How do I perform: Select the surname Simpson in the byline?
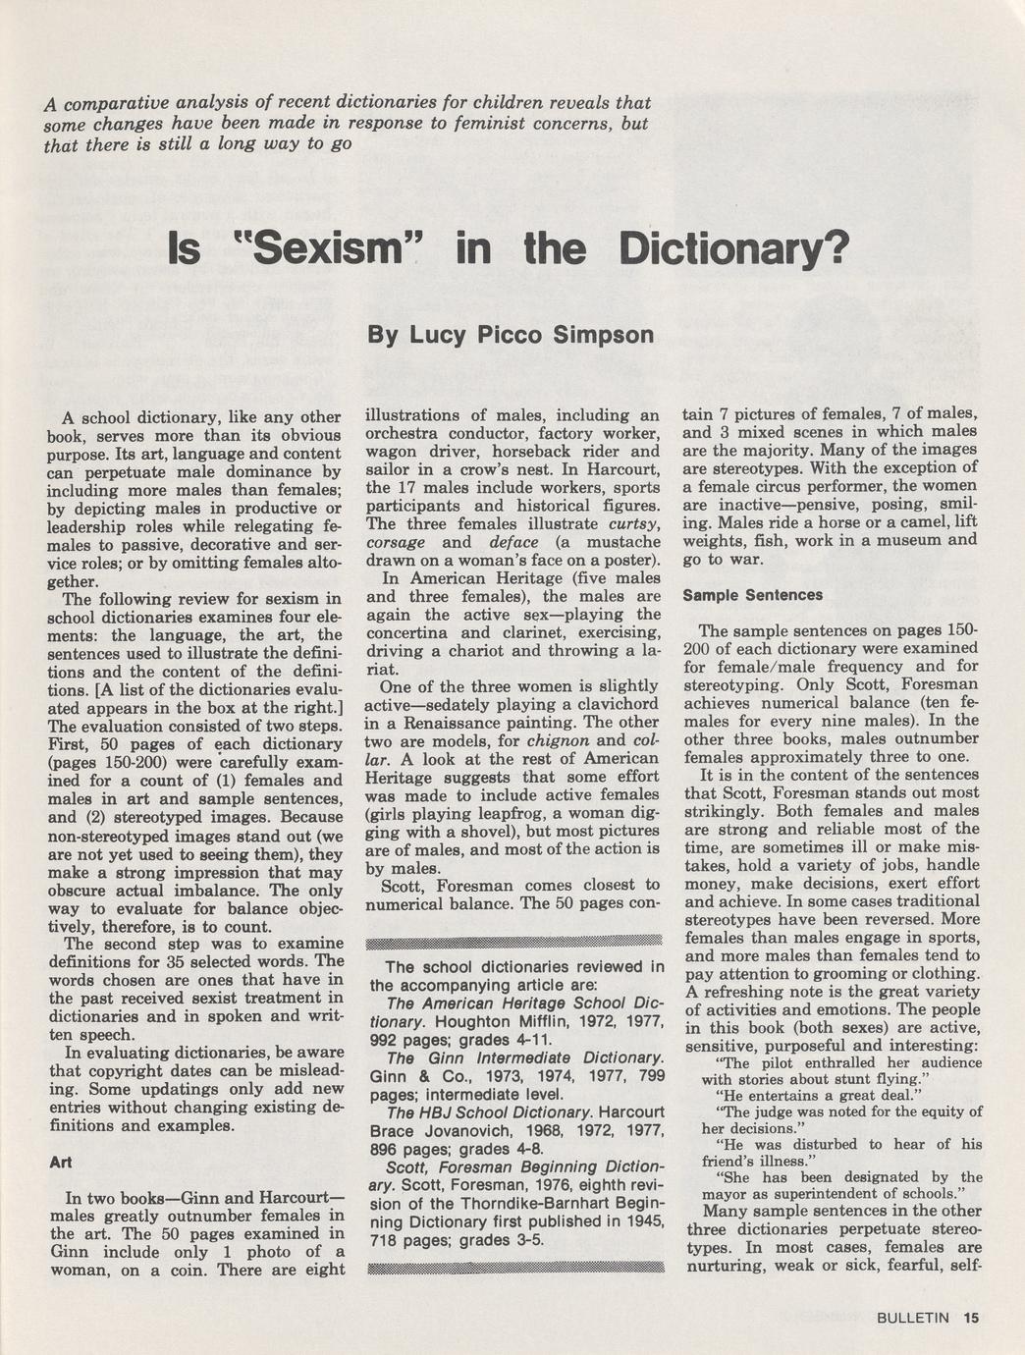604,335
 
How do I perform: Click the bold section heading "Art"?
60,1163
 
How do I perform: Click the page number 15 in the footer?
971,1319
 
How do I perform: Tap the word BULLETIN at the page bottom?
913,1319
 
